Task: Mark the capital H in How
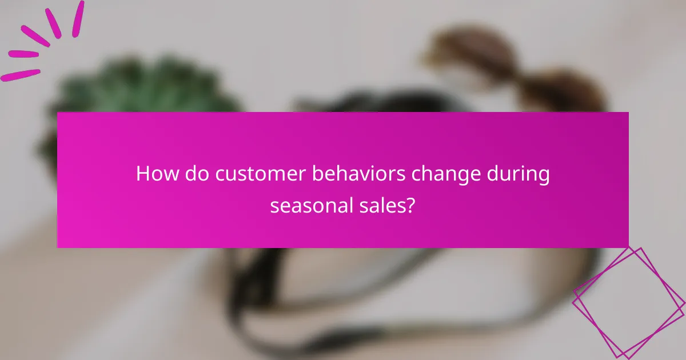(x=142, y=174)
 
